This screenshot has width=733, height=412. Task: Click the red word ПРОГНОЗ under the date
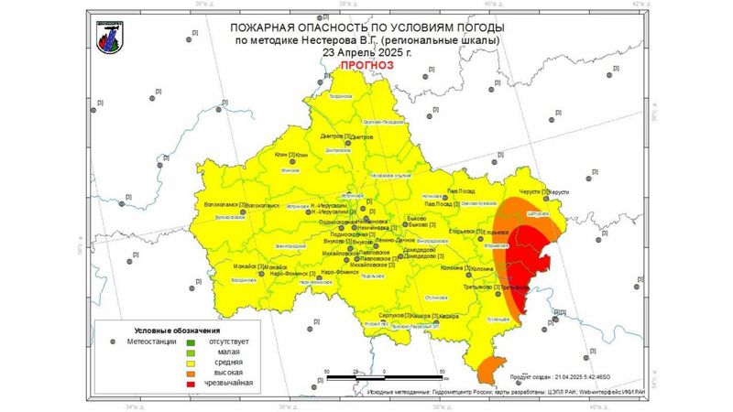366,67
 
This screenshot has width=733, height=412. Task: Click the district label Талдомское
341,96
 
